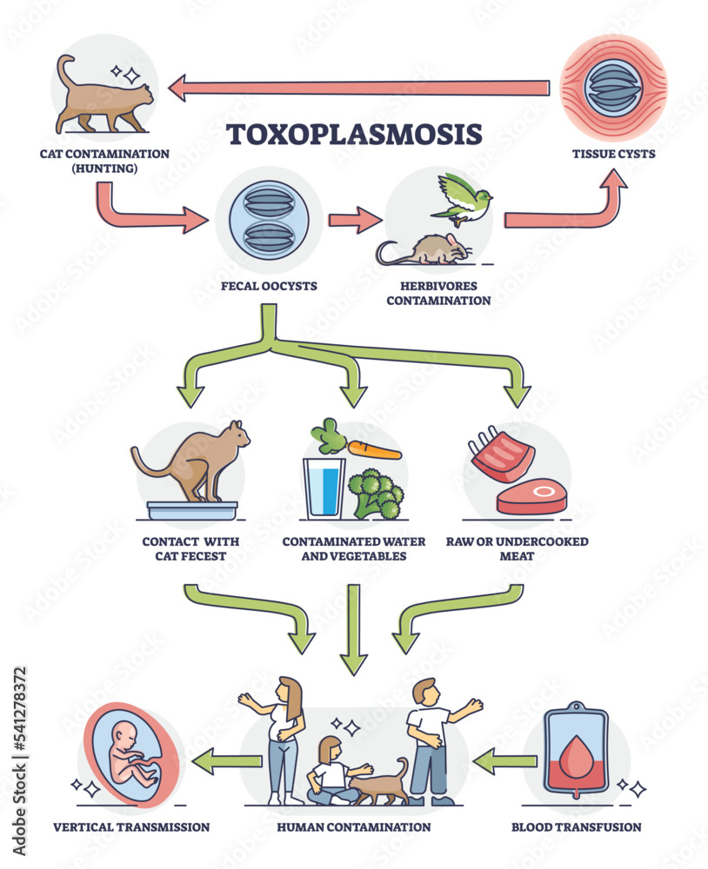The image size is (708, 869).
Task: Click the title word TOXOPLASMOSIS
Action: coord(353,135)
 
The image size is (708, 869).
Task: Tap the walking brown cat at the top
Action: coord(101,97)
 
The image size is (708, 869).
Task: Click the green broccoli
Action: coord(376,494)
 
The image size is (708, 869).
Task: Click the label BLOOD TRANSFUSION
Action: coord(576,827)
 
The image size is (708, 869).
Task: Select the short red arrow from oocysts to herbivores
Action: coord(355,221)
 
